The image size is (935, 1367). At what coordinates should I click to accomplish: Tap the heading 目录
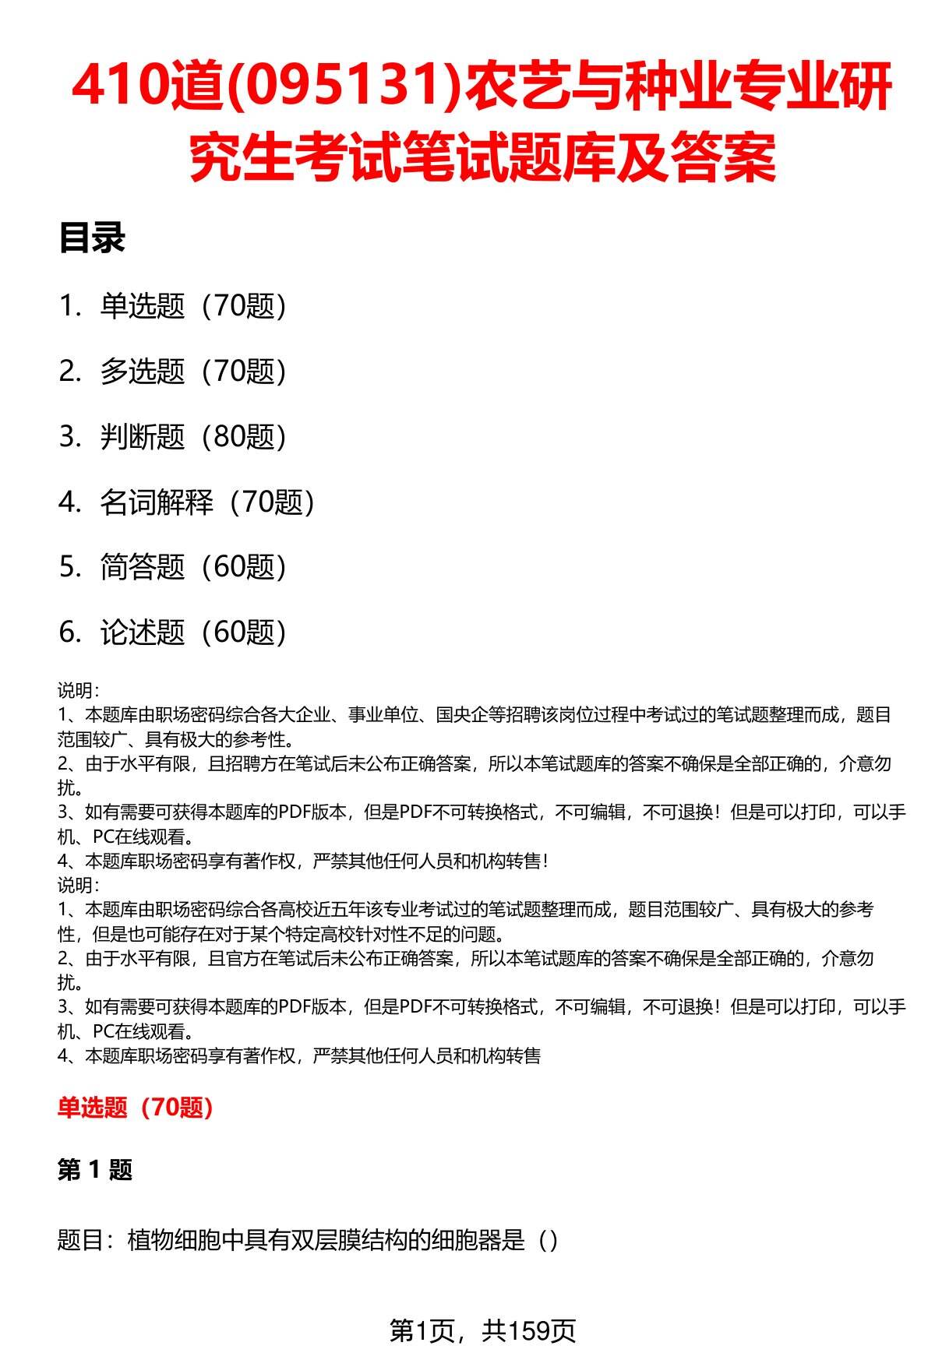click(92, 238)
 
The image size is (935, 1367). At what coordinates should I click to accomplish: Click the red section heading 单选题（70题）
click(136, 1107)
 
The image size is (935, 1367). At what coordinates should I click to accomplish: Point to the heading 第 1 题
click(95, 1169)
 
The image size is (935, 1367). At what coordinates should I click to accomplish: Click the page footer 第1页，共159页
click(482, 1331)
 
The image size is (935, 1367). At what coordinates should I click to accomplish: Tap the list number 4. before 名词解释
click(70, 502)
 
